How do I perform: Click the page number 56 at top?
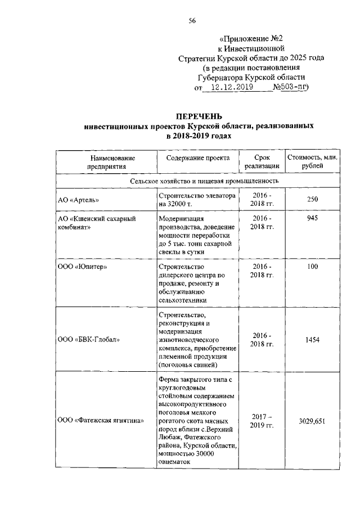192,21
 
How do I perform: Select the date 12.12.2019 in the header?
228,87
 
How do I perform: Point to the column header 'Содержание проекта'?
198,158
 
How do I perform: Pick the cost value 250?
312,200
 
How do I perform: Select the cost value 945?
312,218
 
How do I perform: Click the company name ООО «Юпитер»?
83,267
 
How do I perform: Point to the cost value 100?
312,267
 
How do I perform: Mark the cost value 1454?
312,339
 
